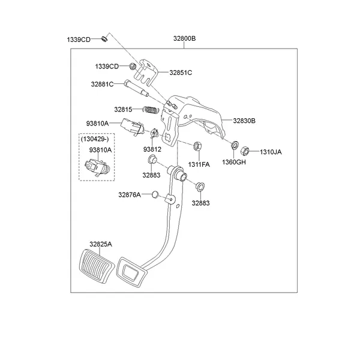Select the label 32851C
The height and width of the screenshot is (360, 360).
point(180,73)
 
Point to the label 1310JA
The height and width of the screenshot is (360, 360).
point(270,152)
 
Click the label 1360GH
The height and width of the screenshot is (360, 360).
point(234,162)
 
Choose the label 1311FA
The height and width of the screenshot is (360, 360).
point(199,164)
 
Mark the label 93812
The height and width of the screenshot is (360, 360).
point(152,149)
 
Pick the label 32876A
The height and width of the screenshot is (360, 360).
point(129,194)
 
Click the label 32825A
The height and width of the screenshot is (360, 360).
point(101,244)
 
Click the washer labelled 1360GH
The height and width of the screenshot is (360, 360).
point(235,145)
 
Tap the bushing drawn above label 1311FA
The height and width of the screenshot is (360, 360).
point(197,145)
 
